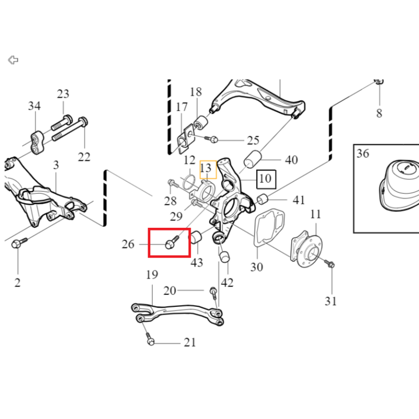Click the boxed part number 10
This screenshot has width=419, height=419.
pos(266,179)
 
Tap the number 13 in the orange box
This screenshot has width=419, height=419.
pos(205,168)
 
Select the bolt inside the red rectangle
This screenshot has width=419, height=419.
pos(172,242)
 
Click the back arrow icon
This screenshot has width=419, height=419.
pos(13,60)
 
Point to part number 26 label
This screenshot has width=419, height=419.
pos(128,244)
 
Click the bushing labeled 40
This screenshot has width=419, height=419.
pos(252,159)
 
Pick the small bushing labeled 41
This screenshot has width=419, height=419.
pos(263,199)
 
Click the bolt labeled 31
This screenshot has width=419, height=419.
pos(330,263)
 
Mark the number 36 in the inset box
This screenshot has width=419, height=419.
pos(362,153)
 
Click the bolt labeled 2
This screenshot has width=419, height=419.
pos(19,242)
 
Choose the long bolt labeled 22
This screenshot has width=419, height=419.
pos(70,129)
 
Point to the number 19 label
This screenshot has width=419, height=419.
pos(152,274)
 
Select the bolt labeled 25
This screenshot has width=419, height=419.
pos(212,139)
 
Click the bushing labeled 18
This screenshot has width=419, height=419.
pos(201,123)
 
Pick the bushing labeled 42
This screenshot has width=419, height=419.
pos(225,256)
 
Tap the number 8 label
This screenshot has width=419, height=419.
pos(379,113)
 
